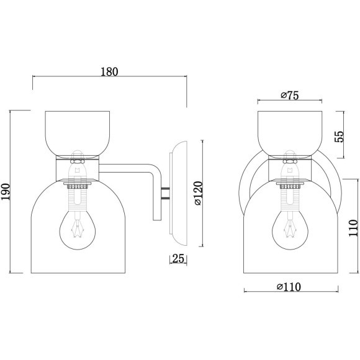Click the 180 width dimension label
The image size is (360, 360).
click(109, 71)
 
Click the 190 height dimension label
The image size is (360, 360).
click(5, 192)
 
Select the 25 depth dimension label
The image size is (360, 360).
click(178, 259)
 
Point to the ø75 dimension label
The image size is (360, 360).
click(290, 95)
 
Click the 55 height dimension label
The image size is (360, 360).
click(339, 137)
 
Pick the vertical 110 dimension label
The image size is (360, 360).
click(353, 228)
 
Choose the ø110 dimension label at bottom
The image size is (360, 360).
click(289, 287)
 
